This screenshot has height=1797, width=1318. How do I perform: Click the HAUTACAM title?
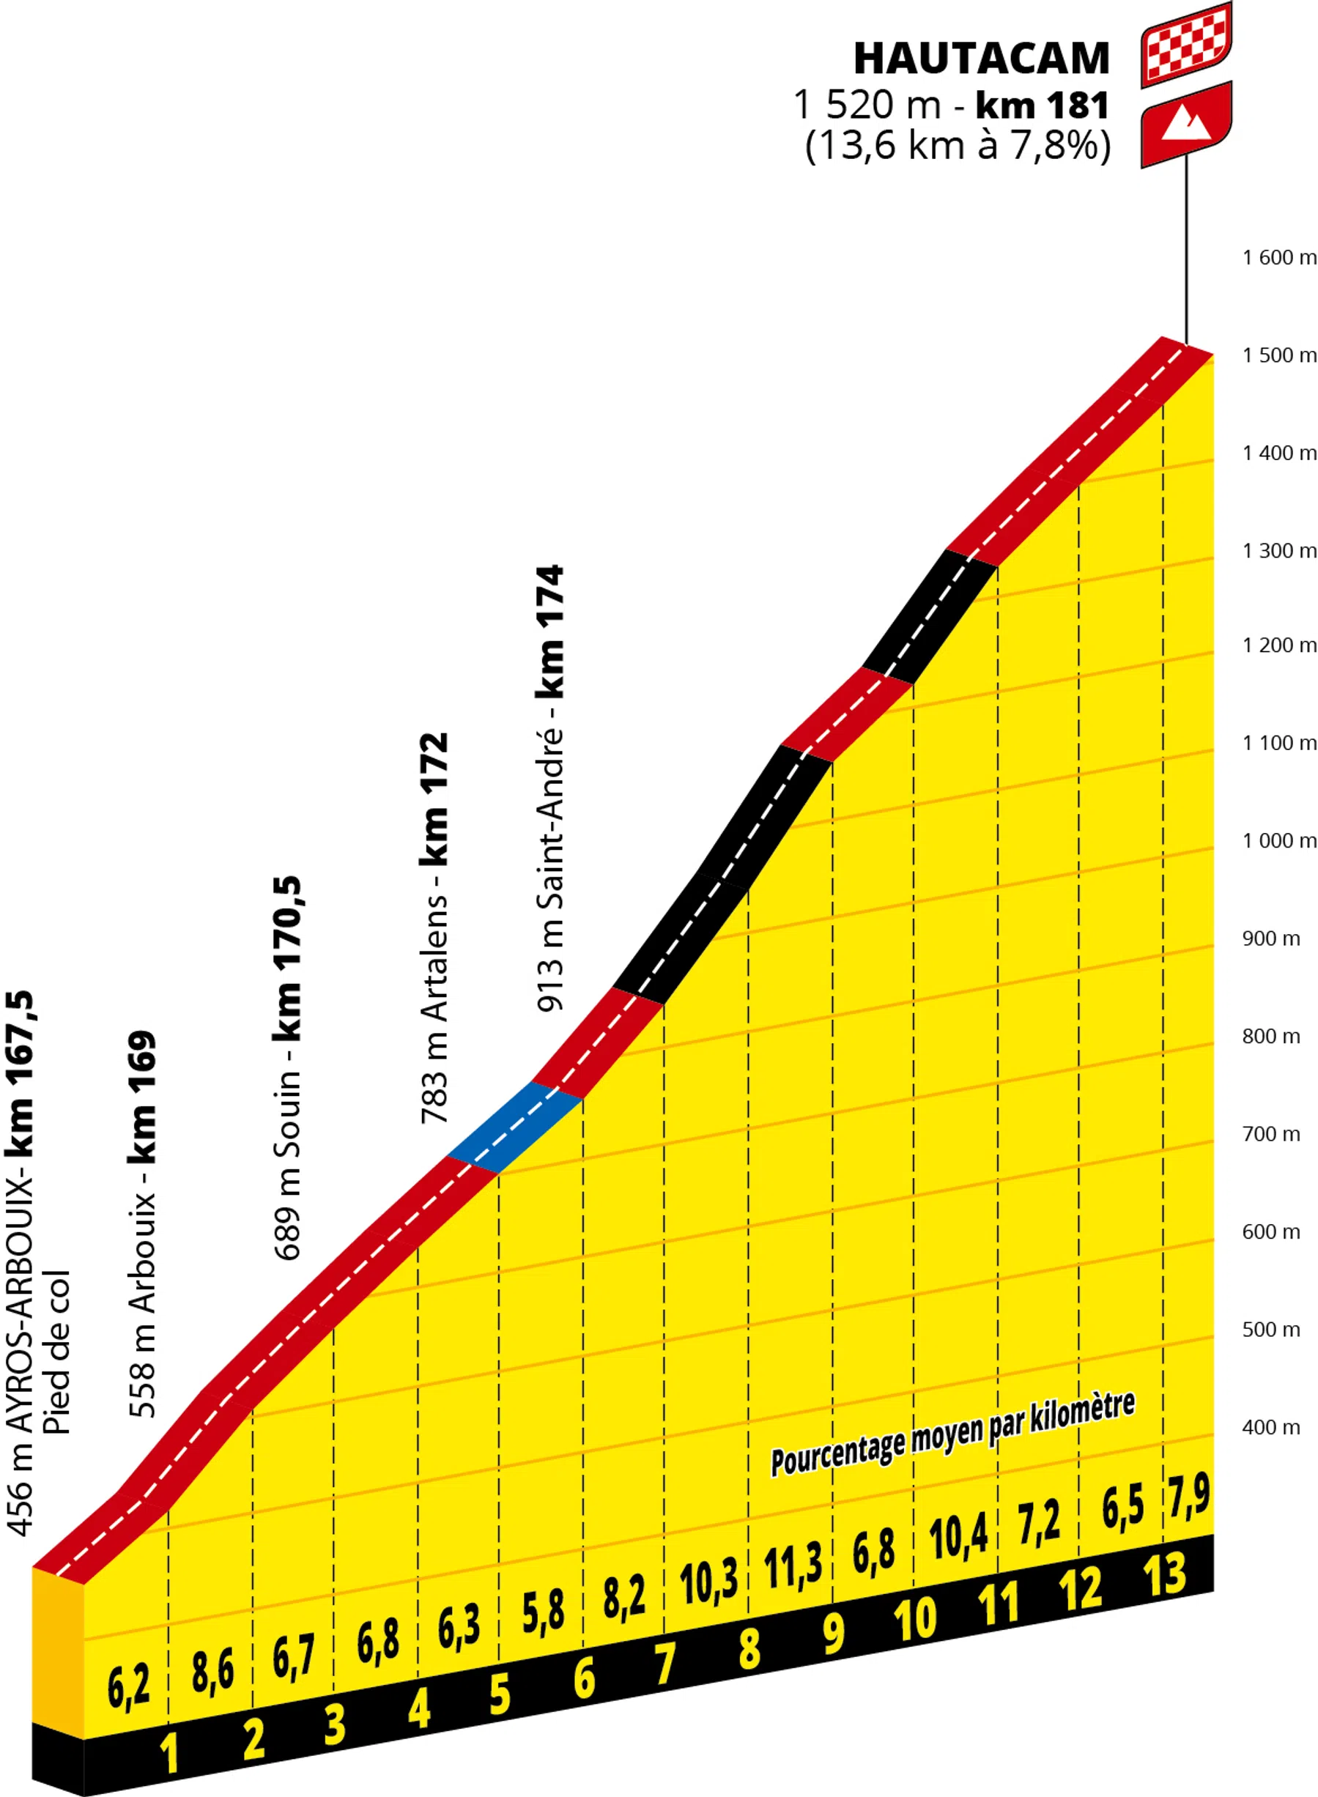[980, 58]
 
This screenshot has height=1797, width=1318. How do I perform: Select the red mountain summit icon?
[1185, 124]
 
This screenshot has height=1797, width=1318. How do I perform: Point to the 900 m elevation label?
[1271, 938]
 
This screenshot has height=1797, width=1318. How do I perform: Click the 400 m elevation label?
[1271, 1427]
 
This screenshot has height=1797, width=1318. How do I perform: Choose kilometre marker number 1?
[169, 1753]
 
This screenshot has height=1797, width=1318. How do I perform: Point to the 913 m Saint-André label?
[550, 789]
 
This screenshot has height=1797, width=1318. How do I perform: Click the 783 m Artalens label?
[434, 928]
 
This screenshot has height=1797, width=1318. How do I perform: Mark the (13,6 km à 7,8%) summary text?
[958, 146]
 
